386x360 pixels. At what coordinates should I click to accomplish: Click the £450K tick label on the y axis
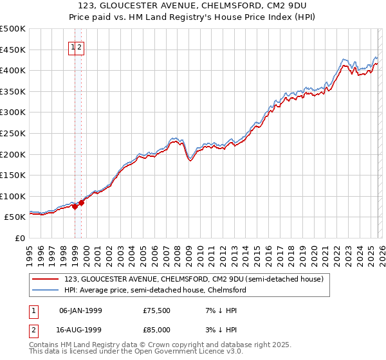point(13,50)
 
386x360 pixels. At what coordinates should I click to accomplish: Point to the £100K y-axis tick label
point(13,196)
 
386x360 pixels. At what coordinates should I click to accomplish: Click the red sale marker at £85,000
point(82,203)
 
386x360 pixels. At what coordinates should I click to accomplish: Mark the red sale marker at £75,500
point(75,206)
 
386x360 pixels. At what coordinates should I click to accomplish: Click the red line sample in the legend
point(46,279)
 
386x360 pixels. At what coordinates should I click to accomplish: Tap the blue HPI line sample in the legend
point(46,290)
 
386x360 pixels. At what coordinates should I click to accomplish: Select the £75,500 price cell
point(156,310)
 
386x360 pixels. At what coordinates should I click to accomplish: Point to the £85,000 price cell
point(156,329)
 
